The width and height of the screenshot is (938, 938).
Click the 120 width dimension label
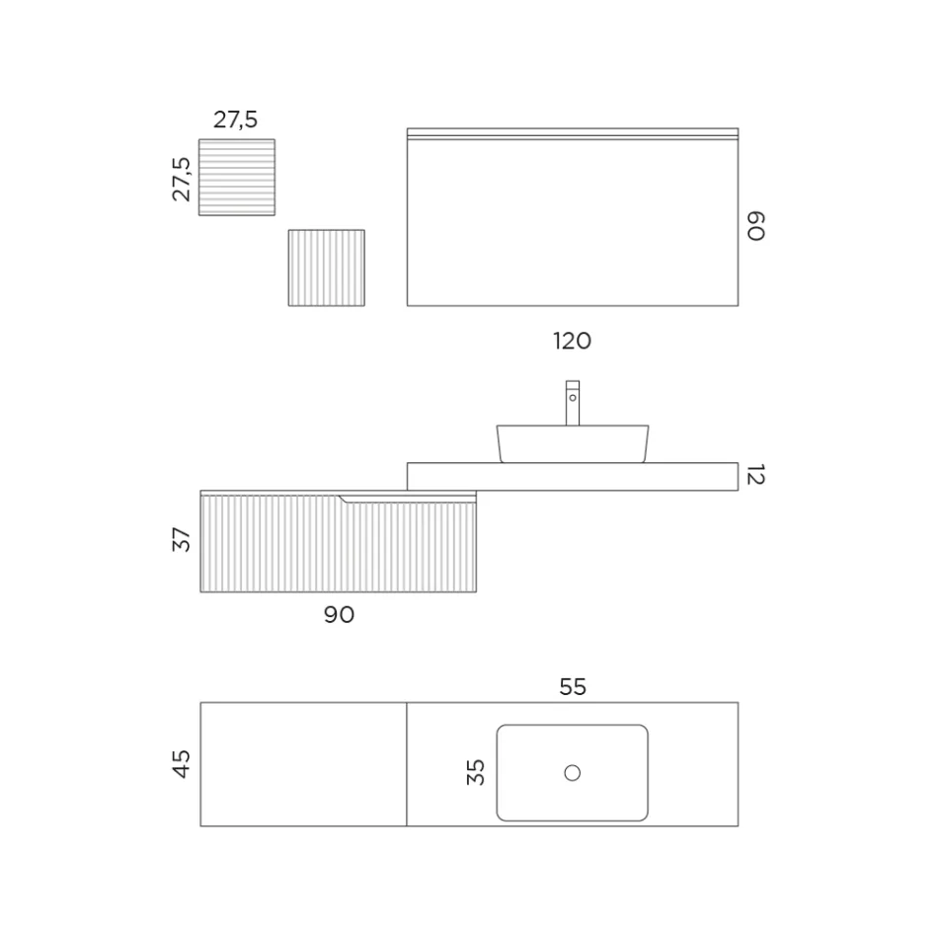tap(572, 341)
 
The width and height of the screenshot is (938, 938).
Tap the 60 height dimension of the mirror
tap(755, 225)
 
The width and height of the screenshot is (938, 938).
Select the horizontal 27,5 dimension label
tap(235, 119)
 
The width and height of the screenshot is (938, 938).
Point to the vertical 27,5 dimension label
tap(182, 178)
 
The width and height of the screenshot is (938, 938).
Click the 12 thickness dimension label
tap(755, 476)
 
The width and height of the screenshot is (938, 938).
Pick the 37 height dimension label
tap(182, 539)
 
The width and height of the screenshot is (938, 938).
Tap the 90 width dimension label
tap(339, 614)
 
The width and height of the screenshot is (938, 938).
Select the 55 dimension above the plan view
tap(573, 687)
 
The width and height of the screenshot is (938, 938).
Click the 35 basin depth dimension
tap(476, 771)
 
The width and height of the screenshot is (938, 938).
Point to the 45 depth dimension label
tap(182, 763)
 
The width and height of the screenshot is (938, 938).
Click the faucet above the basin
tap(573, 402)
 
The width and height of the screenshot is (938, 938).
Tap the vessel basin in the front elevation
tap(573, 443)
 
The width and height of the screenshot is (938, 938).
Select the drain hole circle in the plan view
tap(573, 772)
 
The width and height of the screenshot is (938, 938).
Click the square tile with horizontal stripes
tap(237, 177)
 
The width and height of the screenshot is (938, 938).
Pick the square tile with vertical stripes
tap(326, 268)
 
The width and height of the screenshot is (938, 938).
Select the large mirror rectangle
tap(573, 222)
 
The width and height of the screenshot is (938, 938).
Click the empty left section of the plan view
tap(303, 763)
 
